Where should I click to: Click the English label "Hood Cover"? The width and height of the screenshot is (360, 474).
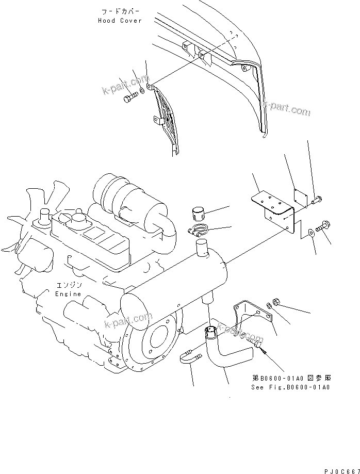(119, 21)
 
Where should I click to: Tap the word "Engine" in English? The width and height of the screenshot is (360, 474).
(68, 293)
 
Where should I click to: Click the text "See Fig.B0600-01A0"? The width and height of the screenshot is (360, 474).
(290, 387)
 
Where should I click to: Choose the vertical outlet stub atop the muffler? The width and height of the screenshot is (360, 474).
(202, 252)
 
